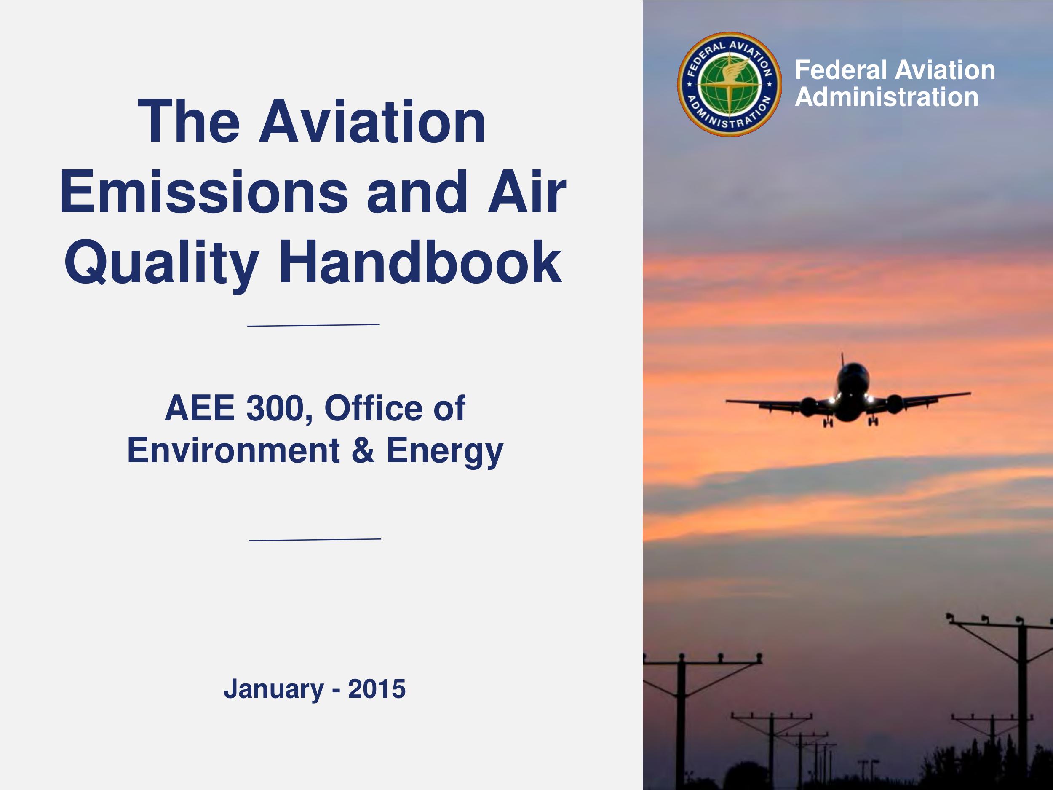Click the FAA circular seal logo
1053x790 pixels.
click(x=729, y=84)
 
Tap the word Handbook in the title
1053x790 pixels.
click(x=420, y=262)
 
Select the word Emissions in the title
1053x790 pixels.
click(x=204, y=192)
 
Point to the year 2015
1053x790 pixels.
click(x=377, y=688)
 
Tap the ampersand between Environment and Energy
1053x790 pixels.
click(x=363, y=450)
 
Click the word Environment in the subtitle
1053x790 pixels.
click(x=233, y=450)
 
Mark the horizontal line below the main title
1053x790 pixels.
click(x=313, y=325)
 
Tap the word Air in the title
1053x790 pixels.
click(x=527, y=192)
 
